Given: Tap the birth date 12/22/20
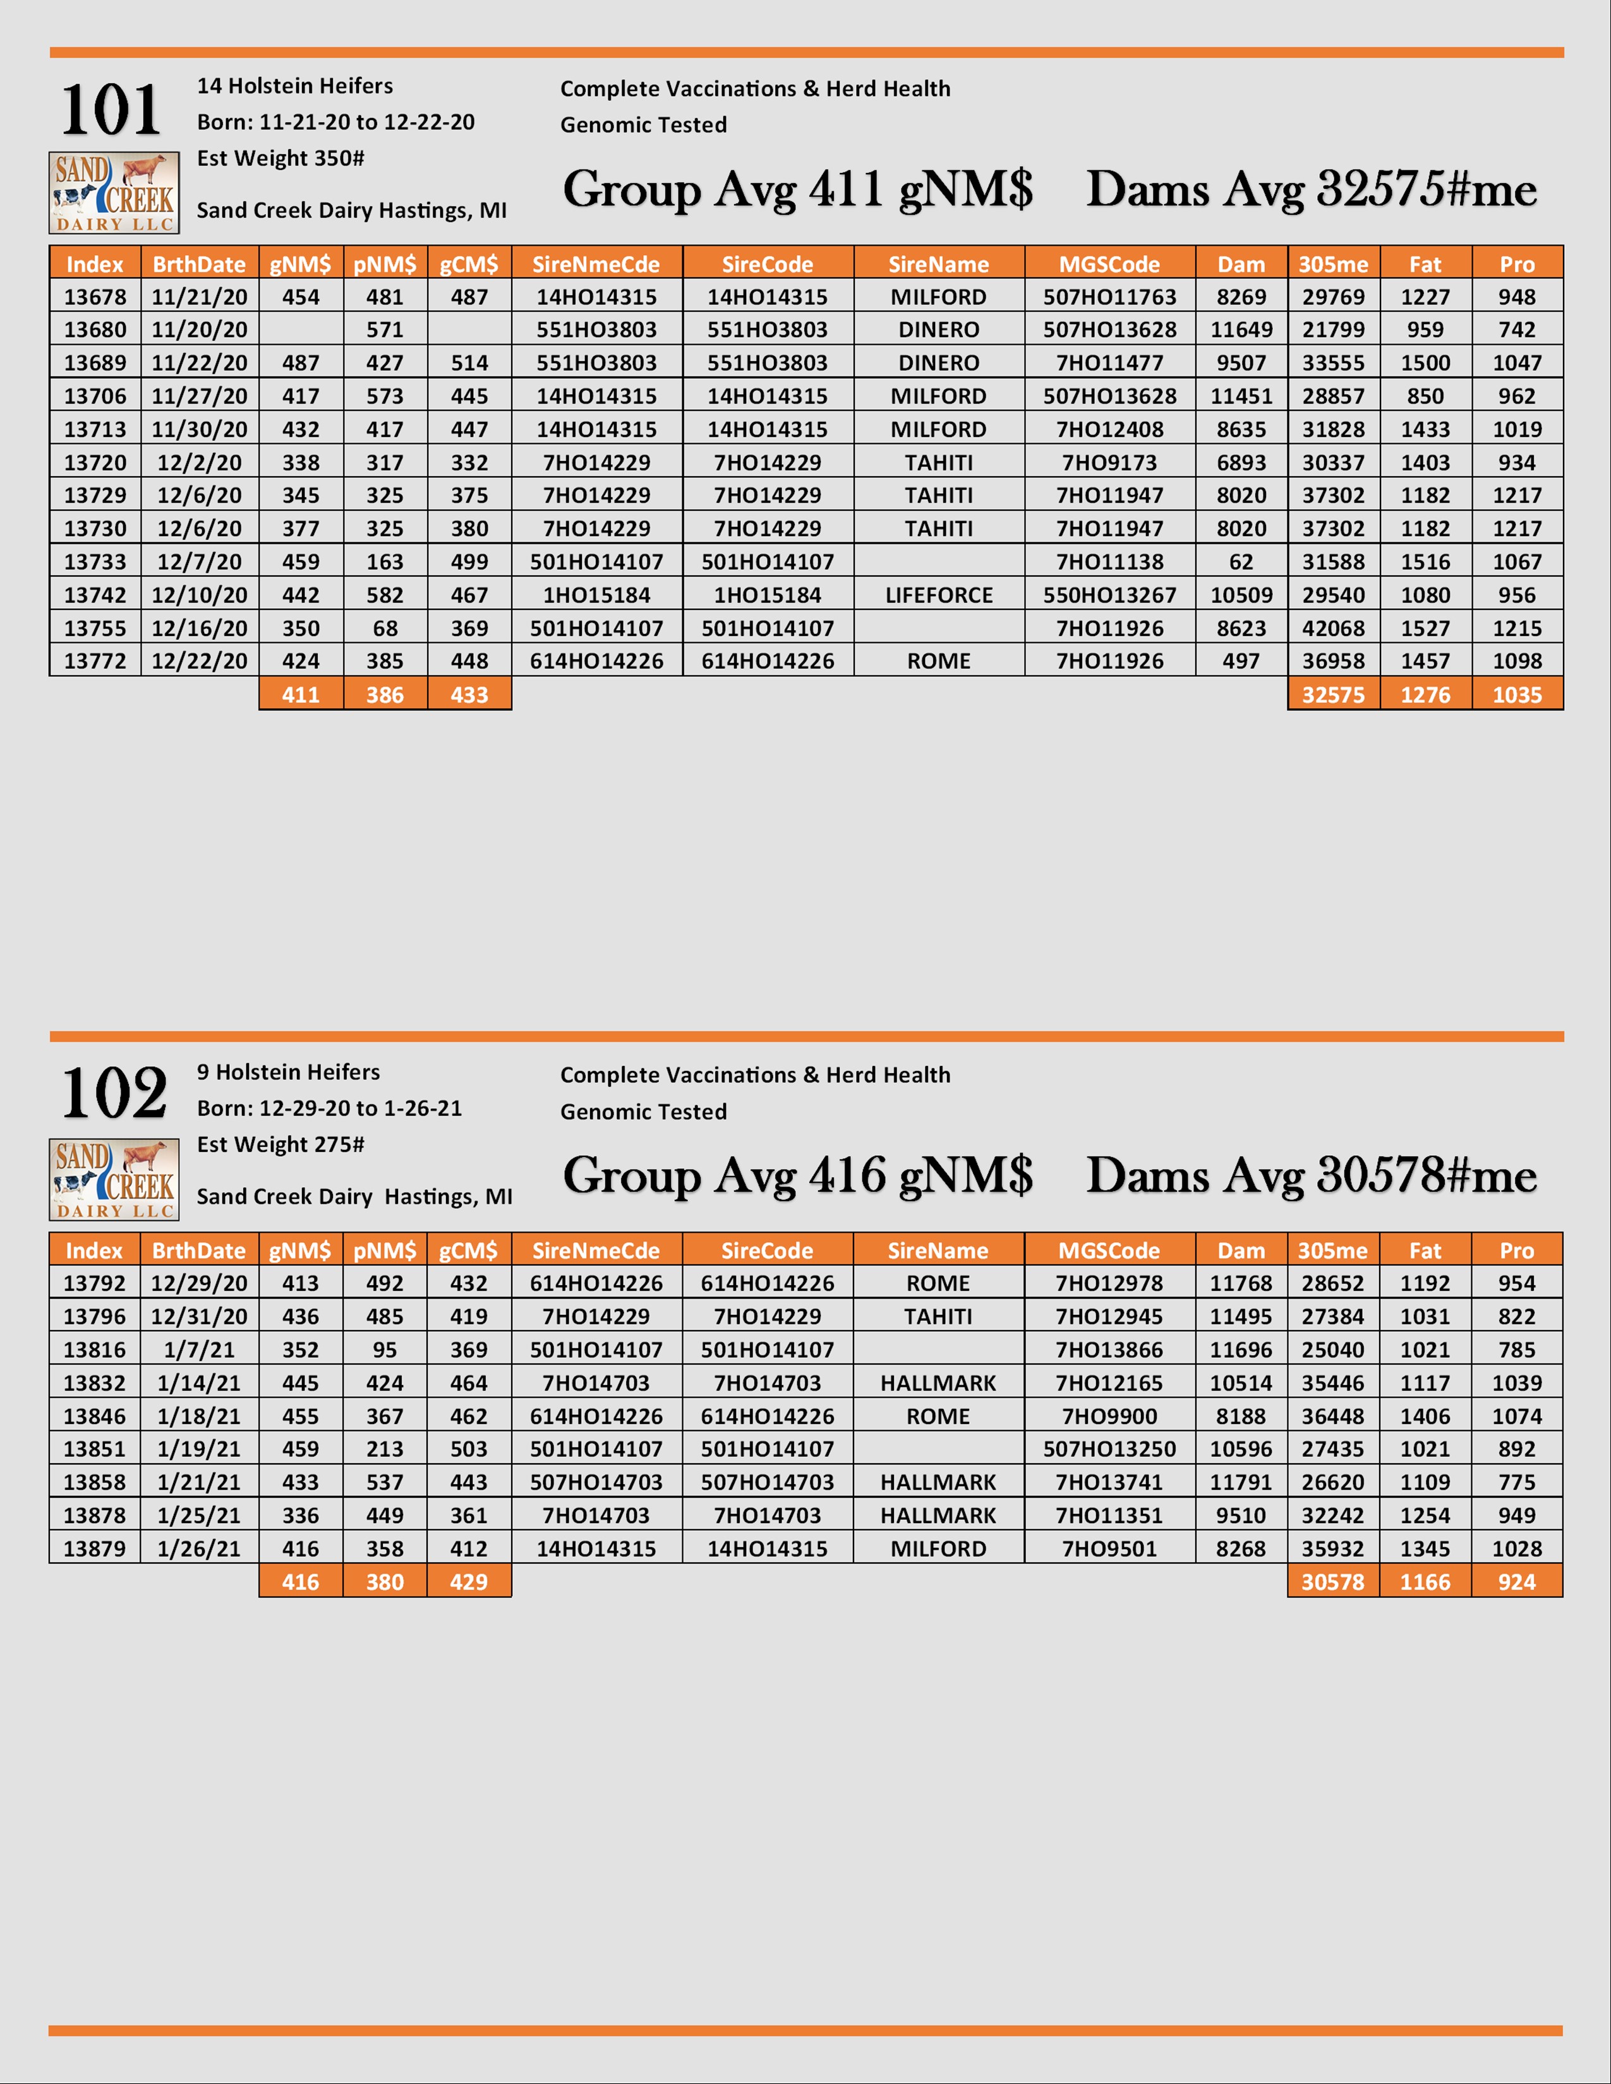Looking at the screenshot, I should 200,661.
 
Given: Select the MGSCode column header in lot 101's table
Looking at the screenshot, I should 1109,265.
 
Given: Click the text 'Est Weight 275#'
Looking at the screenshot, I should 281,1144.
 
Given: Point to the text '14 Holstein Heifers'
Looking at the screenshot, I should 295,86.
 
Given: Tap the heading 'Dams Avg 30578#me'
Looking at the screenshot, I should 1312,1176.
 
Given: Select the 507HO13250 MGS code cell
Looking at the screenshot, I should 1109,1449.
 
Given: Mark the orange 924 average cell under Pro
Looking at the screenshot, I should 1516,1582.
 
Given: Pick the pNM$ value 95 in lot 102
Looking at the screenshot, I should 385,1350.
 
